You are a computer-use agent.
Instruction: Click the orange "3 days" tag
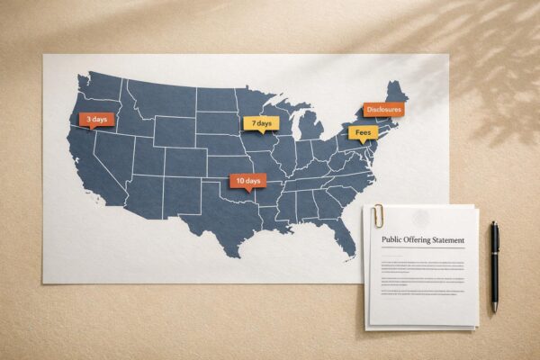coord(96,119)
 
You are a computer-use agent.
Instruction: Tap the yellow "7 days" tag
coord(261,123)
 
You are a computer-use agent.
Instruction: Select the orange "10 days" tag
coord(247,181)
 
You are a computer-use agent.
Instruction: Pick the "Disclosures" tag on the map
coord(383,109)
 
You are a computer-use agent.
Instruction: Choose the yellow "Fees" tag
coord(363,133)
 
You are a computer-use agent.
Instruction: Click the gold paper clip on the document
coord(380,215)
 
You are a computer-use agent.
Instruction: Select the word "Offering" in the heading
coord(421,240)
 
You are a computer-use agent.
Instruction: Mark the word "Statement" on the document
coord(450,240)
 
